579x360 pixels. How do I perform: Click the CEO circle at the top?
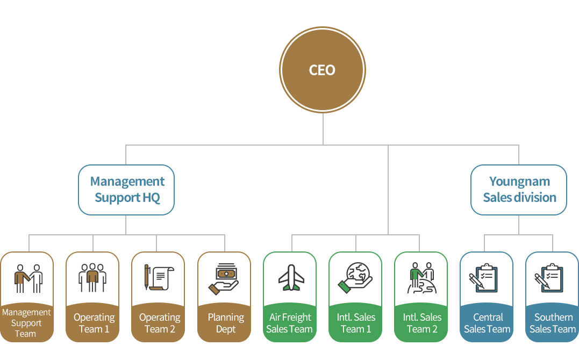click(323, 70)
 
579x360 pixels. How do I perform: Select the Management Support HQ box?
click(126, 190)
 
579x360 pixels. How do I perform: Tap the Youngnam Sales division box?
click(519, 190)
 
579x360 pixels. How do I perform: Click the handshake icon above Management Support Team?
click(28, 278)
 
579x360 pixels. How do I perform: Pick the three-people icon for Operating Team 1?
click(92, 278)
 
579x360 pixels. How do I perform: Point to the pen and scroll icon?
click(159, 277)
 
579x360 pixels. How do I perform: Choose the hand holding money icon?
click(224, 279)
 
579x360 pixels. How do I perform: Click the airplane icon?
click(291, 278)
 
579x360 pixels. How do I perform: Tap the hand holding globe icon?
click(355, 278)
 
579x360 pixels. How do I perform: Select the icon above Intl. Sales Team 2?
click(421, 278)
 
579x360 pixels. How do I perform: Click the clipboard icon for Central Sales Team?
click(483, 278)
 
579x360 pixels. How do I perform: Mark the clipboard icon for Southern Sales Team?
click(549, 278)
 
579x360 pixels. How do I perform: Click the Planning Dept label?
click(226, 323)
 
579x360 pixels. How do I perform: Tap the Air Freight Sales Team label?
click(289, 323)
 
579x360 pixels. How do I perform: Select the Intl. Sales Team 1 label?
click(355, 323)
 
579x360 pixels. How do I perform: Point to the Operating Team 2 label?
click(160, 323)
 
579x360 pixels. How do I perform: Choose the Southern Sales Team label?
click(553, 323)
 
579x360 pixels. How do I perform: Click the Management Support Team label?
click(26, 323)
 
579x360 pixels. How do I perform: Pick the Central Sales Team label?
click(488, 323)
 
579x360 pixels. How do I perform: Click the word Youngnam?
click(519, 182)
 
